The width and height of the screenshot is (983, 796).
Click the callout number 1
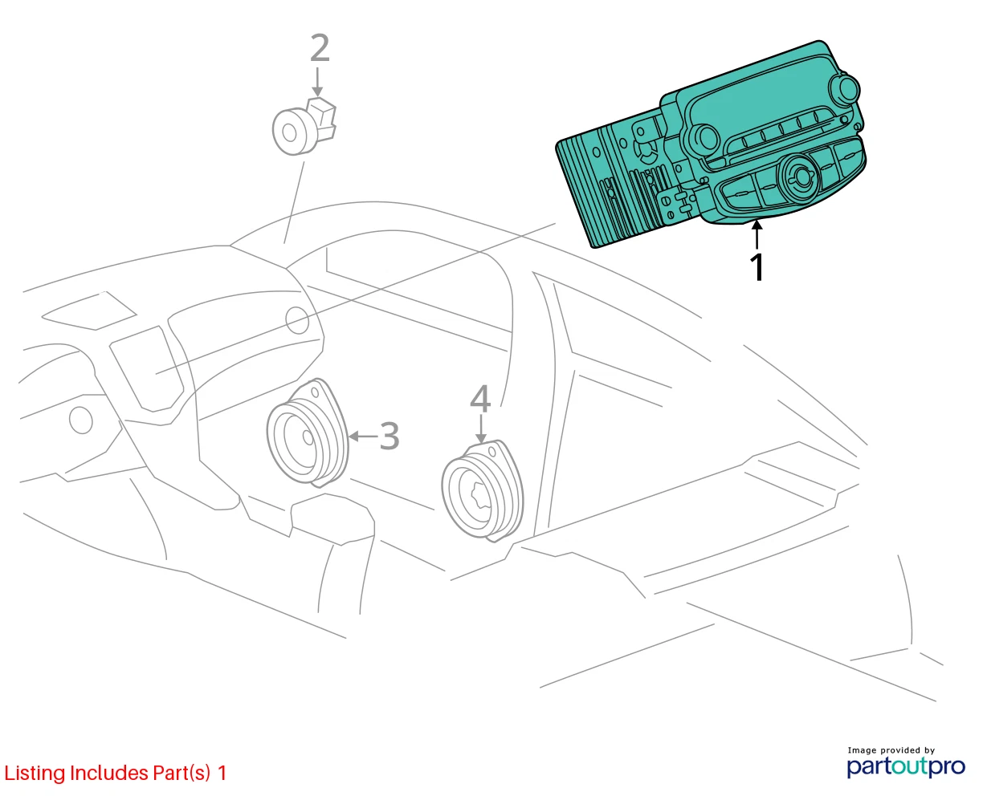pyautogui.click(x=757, y=266)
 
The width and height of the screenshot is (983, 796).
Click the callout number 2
pyautogui.click(x=320, y=48)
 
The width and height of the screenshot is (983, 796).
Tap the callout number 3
pyautogui.click(x=389, y=436)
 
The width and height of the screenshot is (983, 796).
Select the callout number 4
pyautogui.click(x=480, y=399)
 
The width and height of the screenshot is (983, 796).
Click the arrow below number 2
pyautogui.click(x=317, y=82)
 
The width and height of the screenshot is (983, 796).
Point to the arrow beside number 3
pyautogui.click(x=362, y=436)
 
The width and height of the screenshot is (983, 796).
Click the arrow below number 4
pyautogui.click(x=481, y=429)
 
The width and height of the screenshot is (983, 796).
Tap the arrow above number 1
pyautogui.click(x=757, y=235)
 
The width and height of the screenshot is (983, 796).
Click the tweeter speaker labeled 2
pyautogui.click(x=304, y=127)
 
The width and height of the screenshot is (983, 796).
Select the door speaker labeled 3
pyautogui.click(x=308, y=433)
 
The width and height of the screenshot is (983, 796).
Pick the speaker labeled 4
pyautogui.click(x=483, y=491)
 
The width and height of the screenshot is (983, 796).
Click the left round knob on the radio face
pyautogui.click(x=704, y=139)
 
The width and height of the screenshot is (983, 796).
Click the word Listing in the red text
pyautogui.click(x=35, y=774)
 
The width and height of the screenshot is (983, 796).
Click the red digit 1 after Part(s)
pyautogui.click(x=222, y=773)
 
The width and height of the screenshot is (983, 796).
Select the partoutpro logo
pyautogui.click(x=905, y=767)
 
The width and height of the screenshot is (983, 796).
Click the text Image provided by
pyautogui.click(x=891, y=750)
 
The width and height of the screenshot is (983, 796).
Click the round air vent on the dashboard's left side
pyautogui.click(x=81, y=420)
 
